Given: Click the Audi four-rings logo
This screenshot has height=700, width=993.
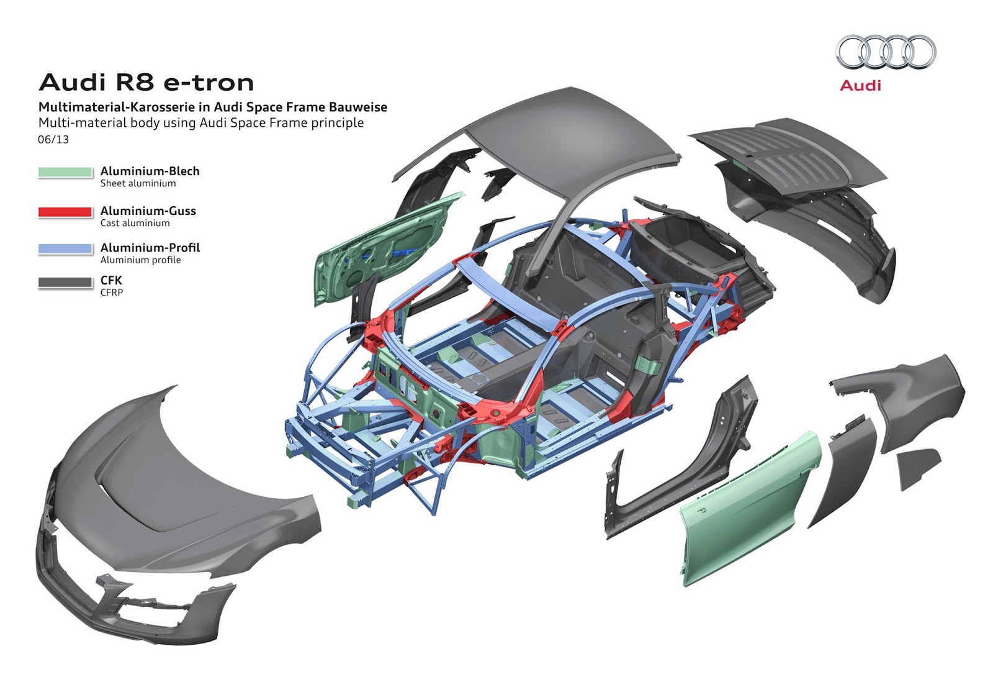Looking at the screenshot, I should (886, 52).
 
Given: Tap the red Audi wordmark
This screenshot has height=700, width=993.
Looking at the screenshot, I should (860, 86).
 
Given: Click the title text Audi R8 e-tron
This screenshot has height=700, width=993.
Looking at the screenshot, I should (146, 83).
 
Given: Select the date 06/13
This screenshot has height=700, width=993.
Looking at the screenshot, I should (53, 140).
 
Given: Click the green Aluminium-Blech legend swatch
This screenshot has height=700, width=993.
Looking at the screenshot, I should (65, 172).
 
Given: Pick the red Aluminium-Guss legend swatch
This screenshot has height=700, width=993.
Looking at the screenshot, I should (65, 212).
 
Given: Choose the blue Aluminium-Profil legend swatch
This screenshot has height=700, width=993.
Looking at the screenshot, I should (65, 248).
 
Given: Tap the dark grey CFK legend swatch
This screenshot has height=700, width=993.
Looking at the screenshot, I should (65, 282).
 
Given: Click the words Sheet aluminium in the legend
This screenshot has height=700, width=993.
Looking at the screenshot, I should (138, 183).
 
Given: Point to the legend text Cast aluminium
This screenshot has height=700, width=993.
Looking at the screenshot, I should (135, 223).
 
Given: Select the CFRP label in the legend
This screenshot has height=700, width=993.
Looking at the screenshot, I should (112, 293).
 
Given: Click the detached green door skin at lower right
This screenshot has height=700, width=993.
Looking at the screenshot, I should (745, 509).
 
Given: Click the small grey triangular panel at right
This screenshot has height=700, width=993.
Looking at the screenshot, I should (917, 466).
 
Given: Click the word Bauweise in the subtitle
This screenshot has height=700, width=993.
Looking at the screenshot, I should (357, 107).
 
